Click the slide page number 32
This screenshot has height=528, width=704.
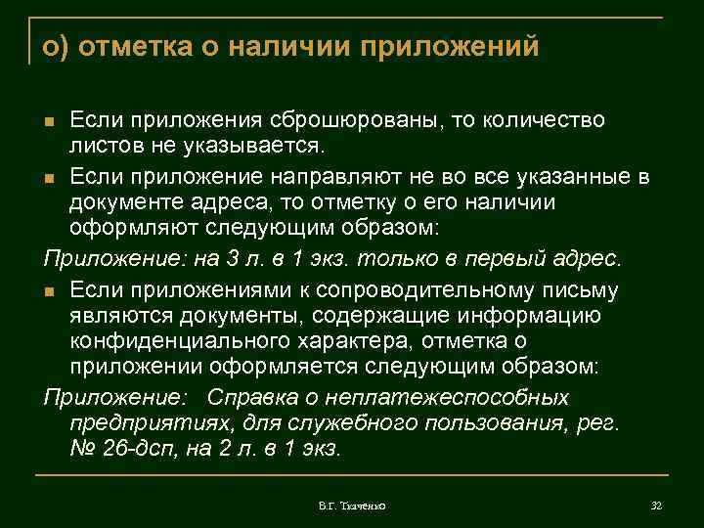coord(656,505)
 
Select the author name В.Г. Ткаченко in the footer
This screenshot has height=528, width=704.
coord(351,505)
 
